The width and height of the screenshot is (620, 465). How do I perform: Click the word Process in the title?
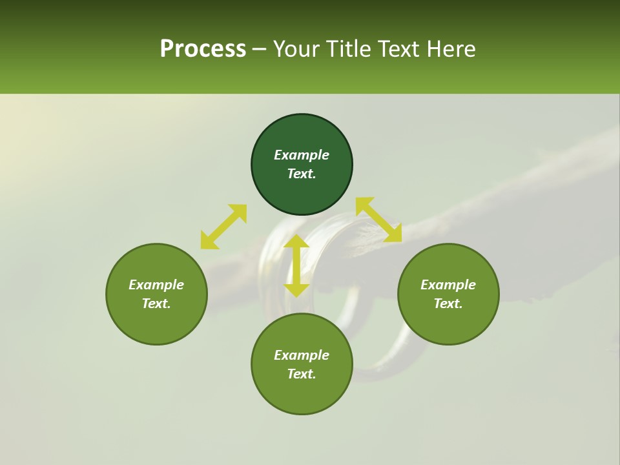(x=203, y=49)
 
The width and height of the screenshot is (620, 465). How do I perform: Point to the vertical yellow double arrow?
(x=296, y=265)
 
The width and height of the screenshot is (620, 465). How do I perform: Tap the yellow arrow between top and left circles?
(x=223, y=226)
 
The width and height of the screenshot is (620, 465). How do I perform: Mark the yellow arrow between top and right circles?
(x=378, y=220)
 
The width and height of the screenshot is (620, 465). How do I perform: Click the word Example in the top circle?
(x=302, y=155)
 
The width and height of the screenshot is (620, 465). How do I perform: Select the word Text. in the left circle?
(x=156, y=304)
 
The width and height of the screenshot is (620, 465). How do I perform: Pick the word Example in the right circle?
(x=448, y=285)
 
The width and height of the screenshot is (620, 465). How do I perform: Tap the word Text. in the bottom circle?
(x=302, y=374)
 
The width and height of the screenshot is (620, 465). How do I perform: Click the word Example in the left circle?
(x=156, y=285)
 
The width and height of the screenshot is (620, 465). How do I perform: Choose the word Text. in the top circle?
(x=302, y=174)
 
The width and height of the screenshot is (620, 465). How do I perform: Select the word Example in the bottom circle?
(x=302, y=355)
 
